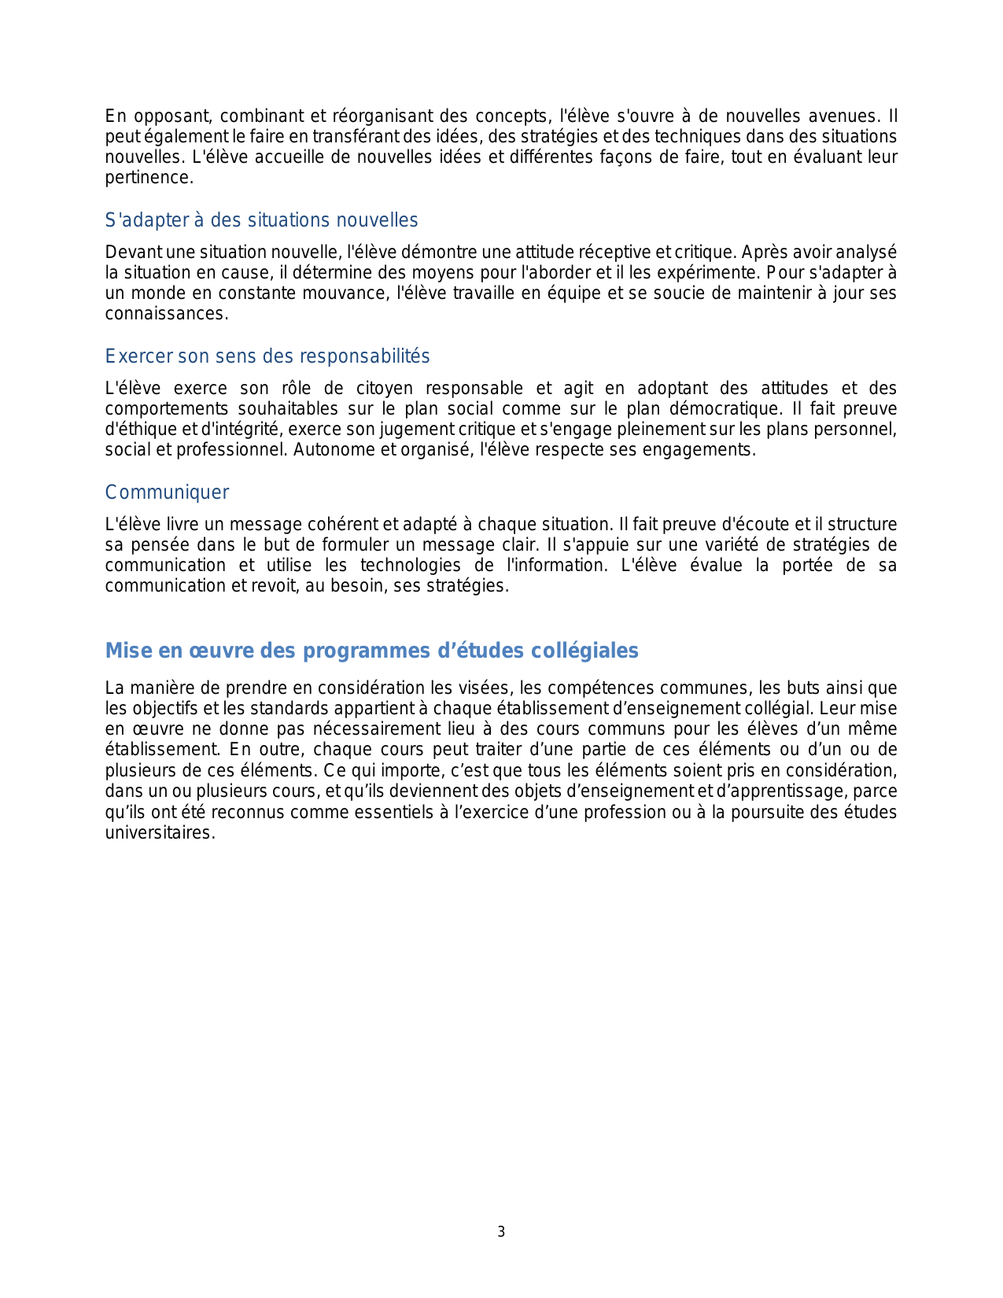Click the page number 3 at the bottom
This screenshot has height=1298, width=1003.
(x=501, y=1232)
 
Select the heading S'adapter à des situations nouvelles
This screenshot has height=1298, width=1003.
(x=261, y=220)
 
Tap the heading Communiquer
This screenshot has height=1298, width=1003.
(x=167, y=492)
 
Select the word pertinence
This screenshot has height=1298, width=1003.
(x=149, y=178)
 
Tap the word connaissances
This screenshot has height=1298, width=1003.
(x=166, y=314)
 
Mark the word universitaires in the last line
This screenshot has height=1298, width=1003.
(x=160, y=833)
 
